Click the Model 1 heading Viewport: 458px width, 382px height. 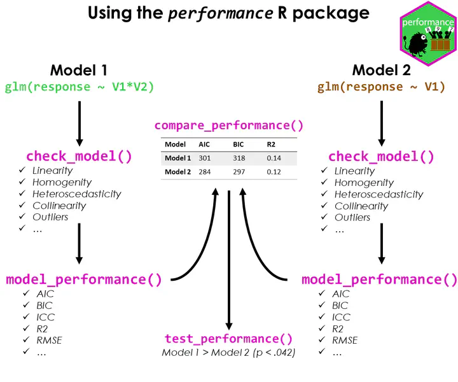point(79,69)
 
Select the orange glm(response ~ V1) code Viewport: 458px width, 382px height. point(381,87)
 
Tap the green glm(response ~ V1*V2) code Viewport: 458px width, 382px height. point(79,87)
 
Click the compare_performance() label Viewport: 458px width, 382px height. point(228,125)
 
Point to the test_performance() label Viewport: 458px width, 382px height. point(228,339)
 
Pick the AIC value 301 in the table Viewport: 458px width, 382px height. point(205,158)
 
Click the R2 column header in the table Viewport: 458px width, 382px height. point(272,145)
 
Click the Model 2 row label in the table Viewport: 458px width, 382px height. point(177,172)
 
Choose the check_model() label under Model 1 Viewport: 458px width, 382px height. point(79,156)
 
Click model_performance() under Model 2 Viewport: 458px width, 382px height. point(379,279)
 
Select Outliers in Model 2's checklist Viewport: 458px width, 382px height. point(352,217)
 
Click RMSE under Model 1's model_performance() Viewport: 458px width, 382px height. point(49,340)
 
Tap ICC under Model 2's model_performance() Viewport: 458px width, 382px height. point(341,317)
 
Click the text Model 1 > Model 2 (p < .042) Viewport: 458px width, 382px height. point(228,353)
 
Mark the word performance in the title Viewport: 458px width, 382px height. point(220,13)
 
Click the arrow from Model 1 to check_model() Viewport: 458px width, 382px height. point(79,121)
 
